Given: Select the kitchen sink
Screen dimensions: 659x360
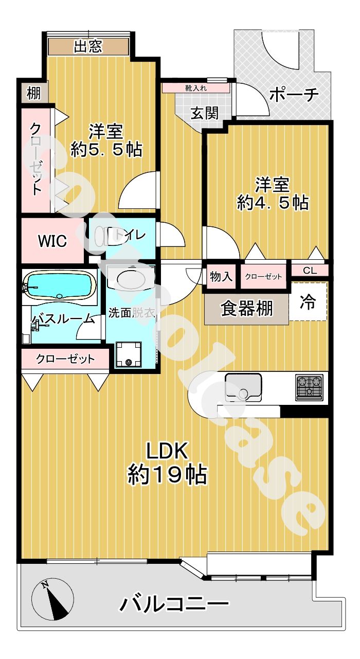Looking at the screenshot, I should [243, 386].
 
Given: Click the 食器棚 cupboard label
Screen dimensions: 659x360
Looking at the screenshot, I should [247, 308].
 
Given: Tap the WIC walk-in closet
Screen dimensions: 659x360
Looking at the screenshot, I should [52, 241].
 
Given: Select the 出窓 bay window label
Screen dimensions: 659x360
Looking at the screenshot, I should [88, 47].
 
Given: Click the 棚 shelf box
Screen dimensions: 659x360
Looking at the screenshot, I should [34, 93].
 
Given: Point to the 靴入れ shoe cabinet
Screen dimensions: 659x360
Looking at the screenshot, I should [196, 87].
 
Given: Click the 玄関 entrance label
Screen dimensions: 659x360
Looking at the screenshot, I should [204, 113].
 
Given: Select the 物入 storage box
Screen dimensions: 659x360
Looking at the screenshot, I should [221, 277].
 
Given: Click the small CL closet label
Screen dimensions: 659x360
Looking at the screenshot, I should [310, 270].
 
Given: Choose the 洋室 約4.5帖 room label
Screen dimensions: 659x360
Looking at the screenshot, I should [272, 193].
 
